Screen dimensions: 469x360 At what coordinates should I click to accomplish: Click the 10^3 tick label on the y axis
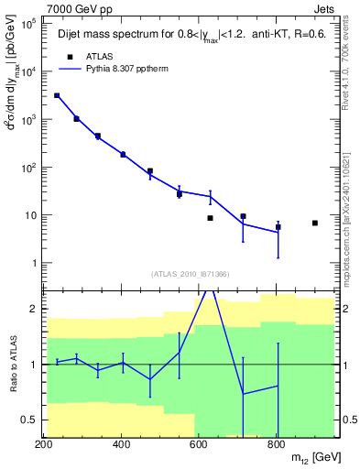(x=31, y=120)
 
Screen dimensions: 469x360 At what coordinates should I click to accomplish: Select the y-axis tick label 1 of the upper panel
(x=35, y=264)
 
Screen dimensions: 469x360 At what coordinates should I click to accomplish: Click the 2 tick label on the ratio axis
(x=36, y=309)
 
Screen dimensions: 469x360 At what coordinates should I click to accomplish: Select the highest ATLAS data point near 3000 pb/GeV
(x=57, y=95)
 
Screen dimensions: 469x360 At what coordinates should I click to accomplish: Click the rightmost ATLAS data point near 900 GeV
(x=314, y=223)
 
